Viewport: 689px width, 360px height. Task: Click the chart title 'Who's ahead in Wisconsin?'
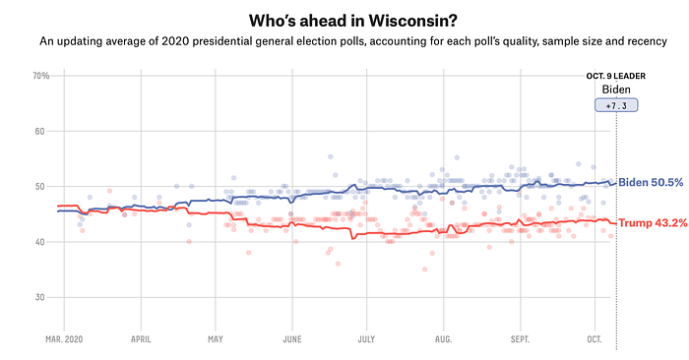click(352, 21)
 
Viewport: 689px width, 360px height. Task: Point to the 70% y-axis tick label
click(41, 76)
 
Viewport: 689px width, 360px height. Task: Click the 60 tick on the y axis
click(40, 131)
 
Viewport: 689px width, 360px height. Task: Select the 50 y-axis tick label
click(40, 187)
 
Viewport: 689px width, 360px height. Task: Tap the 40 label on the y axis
click(40, 242)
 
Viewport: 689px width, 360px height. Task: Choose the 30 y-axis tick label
click(40, 297)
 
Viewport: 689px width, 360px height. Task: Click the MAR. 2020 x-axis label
click(64, 339)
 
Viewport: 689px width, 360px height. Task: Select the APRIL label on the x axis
click(141, 339)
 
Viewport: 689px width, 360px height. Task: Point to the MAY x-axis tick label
click(216, 339)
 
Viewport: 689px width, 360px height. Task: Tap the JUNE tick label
click(292, 339)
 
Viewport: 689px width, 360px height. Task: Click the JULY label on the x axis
click(366, 339)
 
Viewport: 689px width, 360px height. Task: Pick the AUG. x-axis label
click(443, 339)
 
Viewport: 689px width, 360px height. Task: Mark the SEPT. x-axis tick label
click(521, 339)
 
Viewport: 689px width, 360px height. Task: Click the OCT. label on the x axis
click(595, 339)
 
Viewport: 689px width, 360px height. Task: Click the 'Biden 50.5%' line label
click(651, 182)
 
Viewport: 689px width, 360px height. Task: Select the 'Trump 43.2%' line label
click(653, 223)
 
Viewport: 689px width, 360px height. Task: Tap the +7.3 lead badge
click(616, 105)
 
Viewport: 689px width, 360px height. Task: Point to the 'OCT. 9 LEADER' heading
click(616, 76)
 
